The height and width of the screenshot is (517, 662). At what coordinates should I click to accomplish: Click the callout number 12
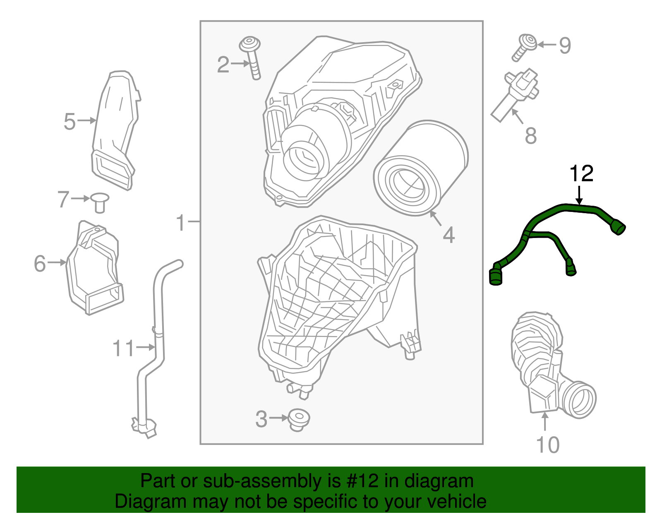pyautogui.click(x=581, y=173)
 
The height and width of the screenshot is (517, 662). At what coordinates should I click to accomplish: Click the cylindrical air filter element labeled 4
pyautogui.click(x=420, y=168)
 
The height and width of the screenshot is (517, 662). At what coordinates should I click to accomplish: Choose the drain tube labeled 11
pyautogui.click(x=157, y=331)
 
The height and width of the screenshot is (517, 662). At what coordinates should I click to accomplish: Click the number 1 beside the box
pyautogui.click(x=180, y=222)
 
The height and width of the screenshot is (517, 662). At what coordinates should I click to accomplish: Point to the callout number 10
pyautogui.click(x=547, y=445)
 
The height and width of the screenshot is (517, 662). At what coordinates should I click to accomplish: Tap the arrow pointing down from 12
pyautogui.click(x=579, y=195)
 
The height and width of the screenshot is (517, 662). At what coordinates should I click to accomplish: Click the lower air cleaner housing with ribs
pyautogui.click(x=331, y=298)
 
